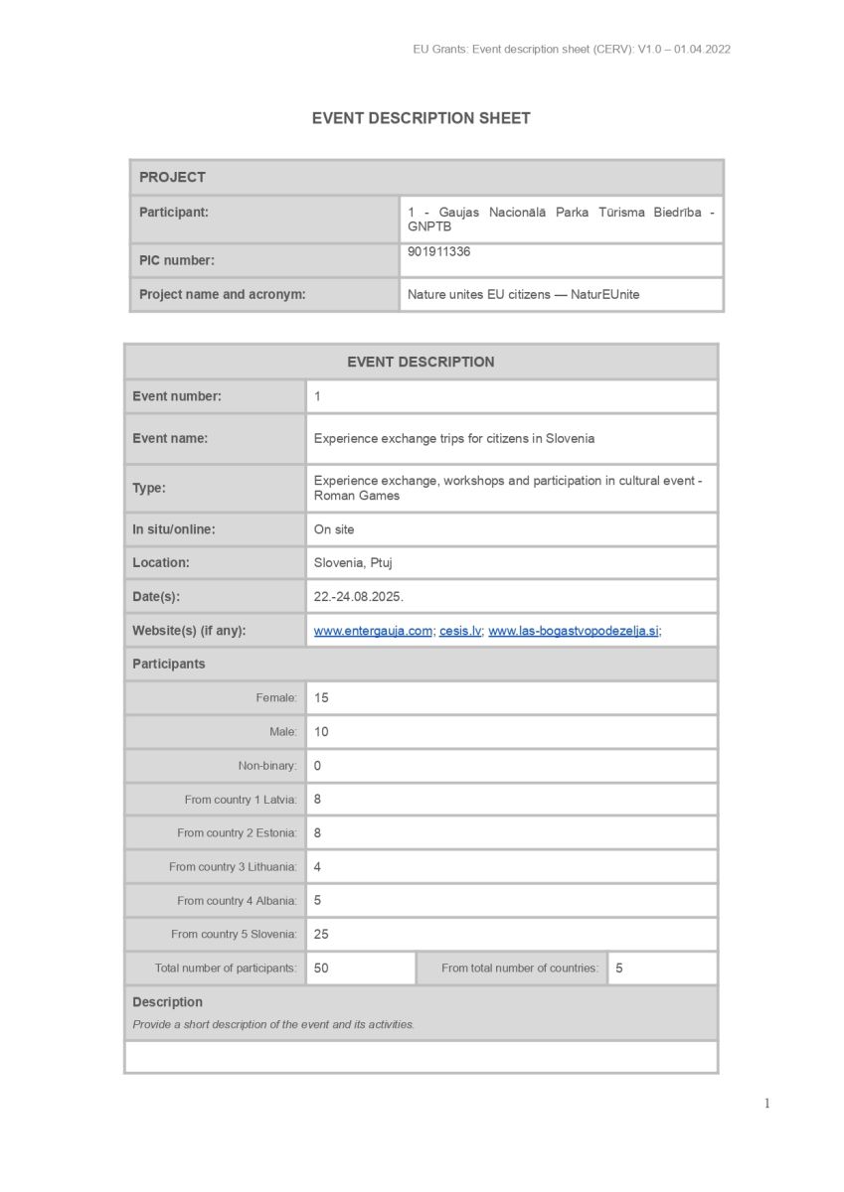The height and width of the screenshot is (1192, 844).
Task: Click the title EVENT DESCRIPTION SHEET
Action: pos(421,118)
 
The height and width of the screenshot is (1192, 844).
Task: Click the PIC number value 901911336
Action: pos(438,252)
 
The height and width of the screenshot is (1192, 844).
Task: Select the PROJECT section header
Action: pos(172,177)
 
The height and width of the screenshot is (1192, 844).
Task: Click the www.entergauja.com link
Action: pos(373,631)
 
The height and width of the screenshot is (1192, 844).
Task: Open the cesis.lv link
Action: pos(460,631)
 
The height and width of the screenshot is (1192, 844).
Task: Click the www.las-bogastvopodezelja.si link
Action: pos(573,631)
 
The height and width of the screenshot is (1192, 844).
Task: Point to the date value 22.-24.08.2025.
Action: pos(358,597)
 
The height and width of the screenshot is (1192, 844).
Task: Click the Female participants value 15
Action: pos(321,698)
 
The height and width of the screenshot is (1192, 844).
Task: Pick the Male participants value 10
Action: pos(321,732)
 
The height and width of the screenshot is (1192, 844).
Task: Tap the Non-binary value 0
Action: pos(318,766)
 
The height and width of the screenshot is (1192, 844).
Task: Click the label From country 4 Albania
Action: pos(237,901)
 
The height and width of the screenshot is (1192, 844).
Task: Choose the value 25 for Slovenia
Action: pos(321,935)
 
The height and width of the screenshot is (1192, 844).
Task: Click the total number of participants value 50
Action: pos(321,968)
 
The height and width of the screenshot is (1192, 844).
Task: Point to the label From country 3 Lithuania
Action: pos(233,867)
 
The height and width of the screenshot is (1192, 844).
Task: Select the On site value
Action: pos(334,529)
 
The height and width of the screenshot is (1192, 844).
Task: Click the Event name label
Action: pos(170,438)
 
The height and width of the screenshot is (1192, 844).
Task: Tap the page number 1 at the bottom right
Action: pos(766,1104)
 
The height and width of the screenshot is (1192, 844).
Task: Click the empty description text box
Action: pos(421,1057)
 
